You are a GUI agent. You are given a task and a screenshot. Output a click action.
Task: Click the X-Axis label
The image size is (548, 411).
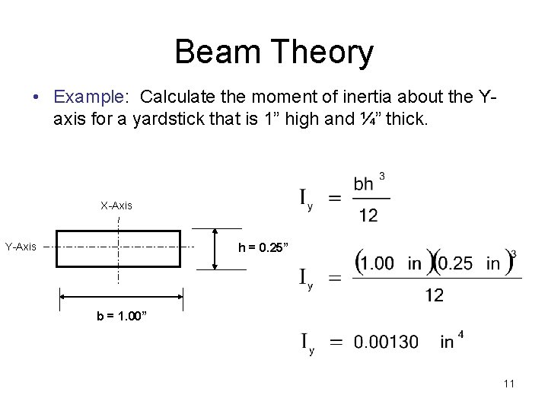(x=116, y=205)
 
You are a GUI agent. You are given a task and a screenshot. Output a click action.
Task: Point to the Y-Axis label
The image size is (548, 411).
(x=22, y=247)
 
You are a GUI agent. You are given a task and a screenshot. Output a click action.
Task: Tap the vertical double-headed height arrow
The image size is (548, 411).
(x=215, y=248)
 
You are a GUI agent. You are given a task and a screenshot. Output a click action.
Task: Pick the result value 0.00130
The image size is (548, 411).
(x=386, y=342)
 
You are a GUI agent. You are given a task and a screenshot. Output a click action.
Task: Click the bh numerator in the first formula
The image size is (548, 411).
(x=364, y=185)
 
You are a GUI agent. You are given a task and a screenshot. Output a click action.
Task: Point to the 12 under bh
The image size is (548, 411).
(x=368, y=215)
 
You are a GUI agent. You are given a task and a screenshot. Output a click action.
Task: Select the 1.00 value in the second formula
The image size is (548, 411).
(x=378, y=264)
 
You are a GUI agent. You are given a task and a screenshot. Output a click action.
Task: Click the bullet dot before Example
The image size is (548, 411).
(x=36, y=98)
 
